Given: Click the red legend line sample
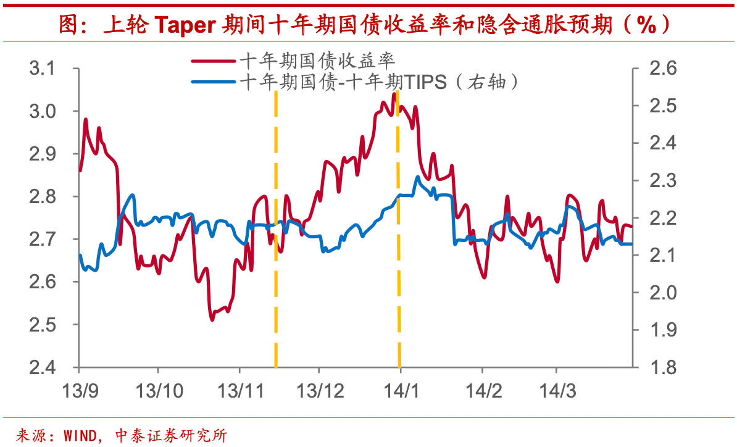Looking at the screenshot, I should pos(213,61).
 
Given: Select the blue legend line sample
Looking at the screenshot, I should pos(213,81).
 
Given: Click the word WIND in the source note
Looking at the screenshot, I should pos(81,435).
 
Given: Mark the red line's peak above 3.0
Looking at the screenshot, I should pos(394,94).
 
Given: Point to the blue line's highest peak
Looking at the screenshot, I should pos(418,177).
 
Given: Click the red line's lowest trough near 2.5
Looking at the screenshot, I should pos(212,319).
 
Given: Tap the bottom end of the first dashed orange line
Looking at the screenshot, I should pos(275,366).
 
